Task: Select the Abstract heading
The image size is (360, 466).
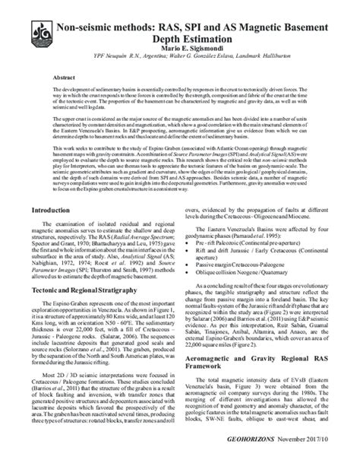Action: pyautogui.click(x=63, y=78)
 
